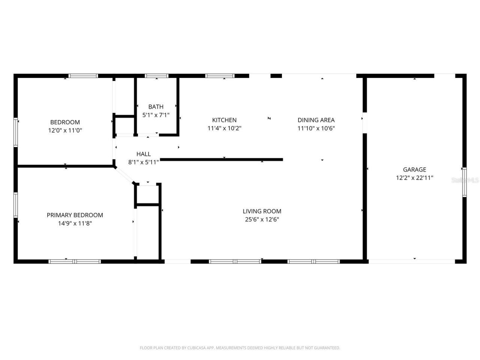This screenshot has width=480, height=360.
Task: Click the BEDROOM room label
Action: (65, 122)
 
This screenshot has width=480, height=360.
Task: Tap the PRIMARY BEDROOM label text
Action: (75, 215)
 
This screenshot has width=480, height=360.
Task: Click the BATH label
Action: (156, 106)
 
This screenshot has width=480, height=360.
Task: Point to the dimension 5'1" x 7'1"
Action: (156, 115)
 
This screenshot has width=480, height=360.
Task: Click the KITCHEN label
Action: (224, 120)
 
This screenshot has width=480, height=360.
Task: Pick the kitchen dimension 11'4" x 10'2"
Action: (224, 128)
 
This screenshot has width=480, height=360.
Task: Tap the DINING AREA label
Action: (316, 120)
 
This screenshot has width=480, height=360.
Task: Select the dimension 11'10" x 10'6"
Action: (316, 128)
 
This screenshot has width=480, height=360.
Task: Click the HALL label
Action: (144, 154)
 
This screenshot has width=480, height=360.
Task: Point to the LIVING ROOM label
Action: (262, 211)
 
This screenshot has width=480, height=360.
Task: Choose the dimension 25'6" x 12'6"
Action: (262, 220)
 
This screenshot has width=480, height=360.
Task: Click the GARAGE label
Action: (414, 169)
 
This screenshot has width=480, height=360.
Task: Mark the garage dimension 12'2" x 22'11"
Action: (414, 178)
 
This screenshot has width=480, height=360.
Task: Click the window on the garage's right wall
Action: (464, 182)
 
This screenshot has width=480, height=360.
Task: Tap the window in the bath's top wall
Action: (157, 76)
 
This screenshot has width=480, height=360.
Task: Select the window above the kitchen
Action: (220, 76)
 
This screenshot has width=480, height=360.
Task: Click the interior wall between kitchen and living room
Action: (221, 160)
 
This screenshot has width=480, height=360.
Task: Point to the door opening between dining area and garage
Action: (364, 123)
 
